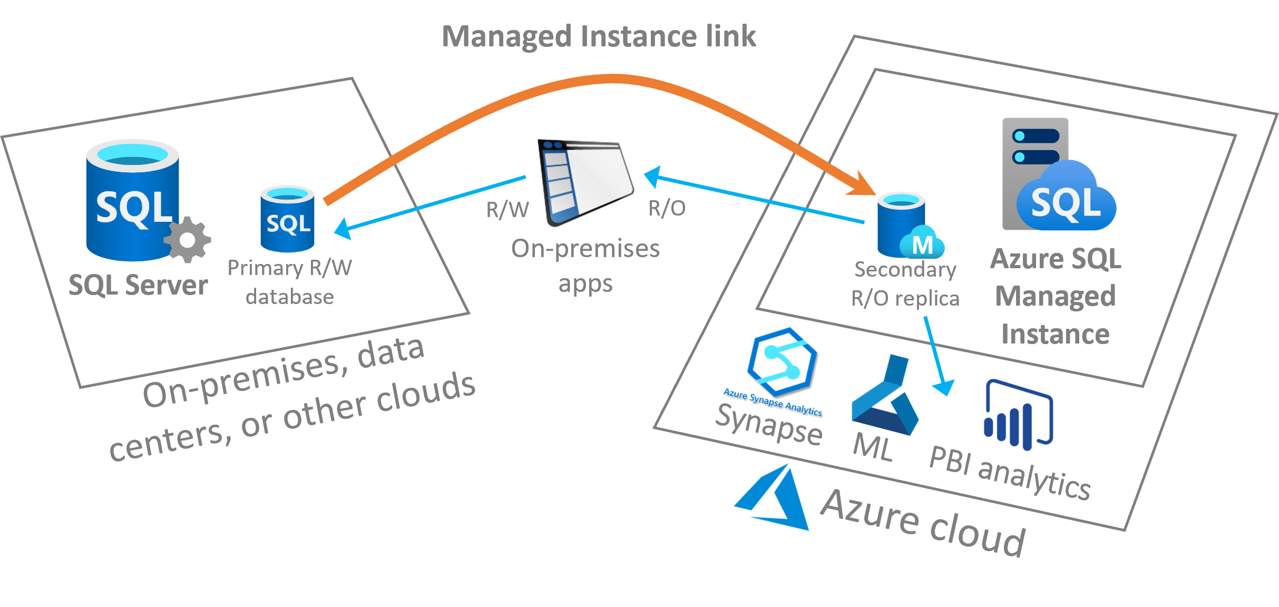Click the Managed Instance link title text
[x=599, y=36]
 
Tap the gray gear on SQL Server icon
[x=188, y=240]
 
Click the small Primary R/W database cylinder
[x=288, y=219]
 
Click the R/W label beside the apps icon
[x=507, y=209]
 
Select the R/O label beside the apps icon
[x=667, y=208]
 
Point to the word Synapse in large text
[x=769, y=425]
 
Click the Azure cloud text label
[x=922, y=522]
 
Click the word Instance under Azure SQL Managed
[x=1056, y=334]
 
